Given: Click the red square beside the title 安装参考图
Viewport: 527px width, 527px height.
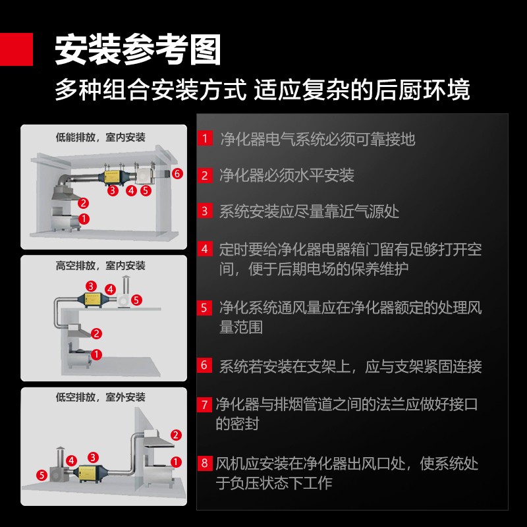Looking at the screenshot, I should coord(16,49).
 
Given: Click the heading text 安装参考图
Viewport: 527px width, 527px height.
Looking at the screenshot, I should coord(137,49).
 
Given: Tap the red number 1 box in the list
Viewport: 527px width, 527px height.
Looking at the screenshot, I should coord(205,138).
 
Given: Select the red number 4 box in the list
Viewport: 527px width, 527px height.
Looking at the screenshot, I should coord(205,249).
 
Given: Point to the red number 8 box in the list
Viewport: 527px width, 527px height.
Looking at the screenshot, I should coord(205,463).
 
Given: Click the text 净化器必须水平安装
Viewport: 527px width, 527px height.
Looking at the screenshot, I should coord(287,175).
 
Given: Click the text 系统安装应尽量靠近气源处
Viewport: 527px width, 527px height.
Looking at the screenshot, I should coord(309,211).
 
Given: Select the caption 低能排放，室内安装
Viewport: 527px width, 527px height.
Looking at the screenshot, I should coord(100,137).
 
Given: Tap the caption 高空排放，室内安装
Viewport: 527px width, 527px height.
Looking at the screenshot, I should coord(100,266).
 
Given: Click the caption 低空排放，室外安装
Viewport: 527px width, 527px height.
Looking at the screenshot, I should coord(100,397).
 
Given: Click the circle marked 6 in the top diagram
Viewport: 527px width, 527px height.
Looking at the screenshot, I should coord(176,174).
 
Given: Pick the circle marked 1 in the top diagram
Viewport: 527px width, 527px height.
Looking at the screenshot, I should coord(83,217).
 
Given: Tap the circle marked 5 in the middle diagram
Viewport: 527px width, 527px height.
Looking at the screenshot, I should coord(136,300).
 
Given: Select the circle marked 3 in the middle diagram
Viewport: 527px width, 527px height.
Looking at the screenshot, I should coord(91,286).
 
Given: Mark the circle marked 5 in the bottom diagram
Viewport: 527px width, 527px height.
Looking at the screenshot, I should coord(42,474).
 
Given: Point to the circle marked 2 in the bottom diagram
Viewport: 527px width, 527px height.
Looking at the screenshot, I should coord(176,435).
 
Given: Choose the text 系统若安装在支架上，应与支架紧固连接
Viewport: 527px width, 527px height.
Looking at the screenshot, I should coord(350,366).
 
